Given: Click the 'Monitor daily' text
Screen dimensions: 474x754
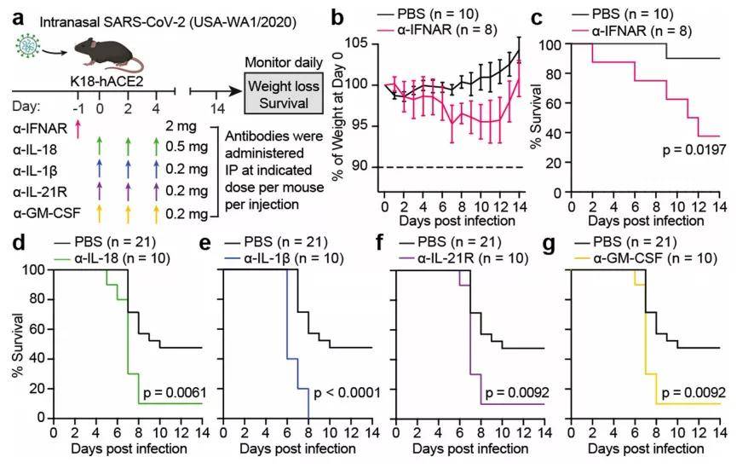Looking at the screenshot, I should pos(276,63).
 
